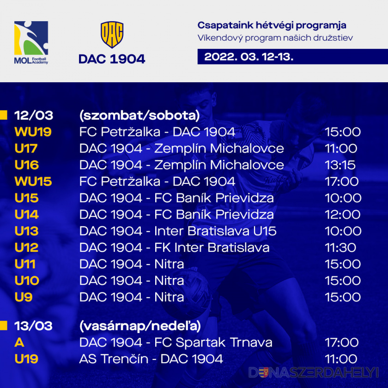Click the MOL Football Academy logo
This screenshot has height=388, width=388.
31,42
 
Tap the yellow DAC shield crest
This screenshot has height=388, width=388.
112,35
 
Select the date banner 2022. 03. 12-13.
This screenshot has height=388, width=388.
292,57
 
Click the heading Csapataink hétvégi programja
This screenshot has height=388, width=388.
272,25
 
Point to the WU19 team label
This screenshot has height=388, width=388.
33,132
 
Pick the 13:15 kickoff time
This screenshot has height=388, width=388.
340,165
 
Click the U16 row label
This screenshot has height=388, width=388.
26,165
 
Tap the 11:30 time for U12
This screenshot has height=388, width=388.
340,248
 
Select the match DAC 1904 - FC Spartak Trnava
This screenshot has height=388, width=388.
176,342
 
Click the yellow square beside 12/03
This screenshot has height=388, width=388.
4,115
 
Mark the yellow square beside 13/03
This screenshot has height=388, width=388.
4,326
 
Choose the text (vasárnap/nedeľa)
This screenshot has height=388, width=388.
140,326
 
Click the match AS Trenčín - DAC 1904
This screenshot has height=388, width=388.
151,359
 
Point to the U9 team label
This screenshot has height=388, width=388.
23,297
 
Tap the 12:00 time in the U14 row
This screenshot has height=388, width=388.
343,214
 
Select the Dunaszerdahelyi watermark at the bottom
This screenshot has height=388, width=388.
314,372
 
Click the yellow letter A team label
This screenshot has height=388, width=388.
19,342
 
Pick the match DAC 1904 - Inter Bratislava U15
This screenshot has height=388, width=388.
178,231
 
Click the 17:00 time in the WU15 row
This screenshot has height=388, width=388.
342,182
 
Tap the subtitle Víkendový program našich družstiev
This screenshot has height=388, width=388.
275,38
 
